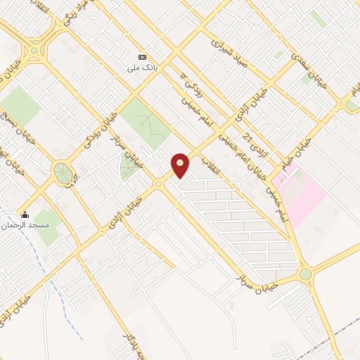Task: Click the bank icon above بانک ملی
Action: [143, 57]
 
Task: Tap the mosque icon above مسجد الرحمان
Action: [25, 215]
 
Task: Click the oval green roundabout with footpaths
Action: [63, 171]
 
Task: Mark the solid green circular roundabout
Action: [305, 274]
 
